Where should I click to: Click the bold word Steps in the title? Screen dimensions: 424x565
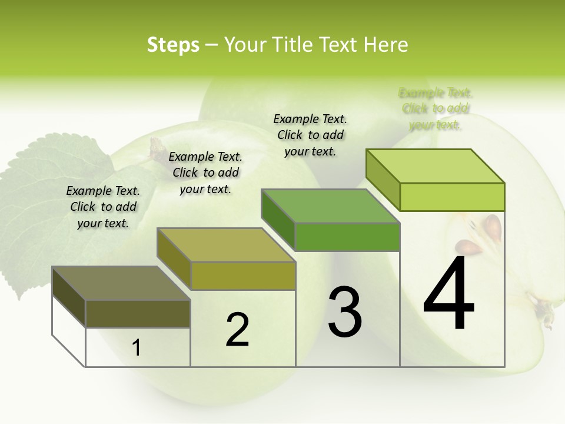point(173,45)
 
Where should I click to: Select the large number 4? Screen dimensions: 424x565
point(448,294)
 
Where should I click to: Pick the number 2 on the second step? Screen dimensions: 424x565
point(238,330)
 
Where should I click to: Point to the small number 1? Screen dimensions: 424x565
point(137,348)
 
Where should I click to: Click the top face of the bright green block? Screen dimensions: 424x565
point(435,165)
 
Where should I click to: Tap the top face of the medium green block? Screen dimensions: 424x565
point(330,206)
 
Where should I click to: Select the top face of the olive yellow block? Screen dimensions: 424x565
point(225,245)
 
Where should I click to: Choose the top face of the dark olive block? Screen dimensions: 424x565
point(121,283)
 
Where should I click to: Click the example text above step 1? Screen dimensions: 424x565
point(103,207)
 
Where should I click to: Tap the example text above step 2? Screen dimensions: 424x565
point(205,173)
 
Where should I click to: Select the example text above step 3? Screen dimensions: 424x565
point(310,135)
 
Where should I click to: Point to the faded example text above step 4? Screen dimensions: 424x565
point(436,108)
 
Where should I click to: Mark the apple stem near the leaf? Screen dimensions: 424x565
point(158,148)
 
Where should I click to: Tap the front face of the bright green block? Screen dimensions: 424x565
point(452,197)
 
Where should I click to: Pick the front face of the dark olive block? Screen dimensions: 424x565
point(138,313)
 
